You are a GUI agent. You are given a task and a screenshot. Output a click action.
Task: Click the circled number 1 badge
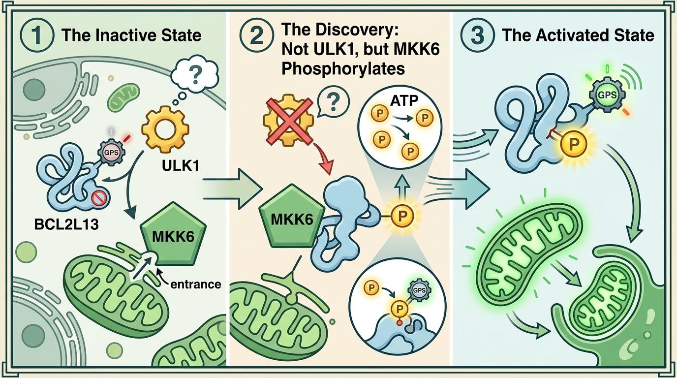38,35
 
